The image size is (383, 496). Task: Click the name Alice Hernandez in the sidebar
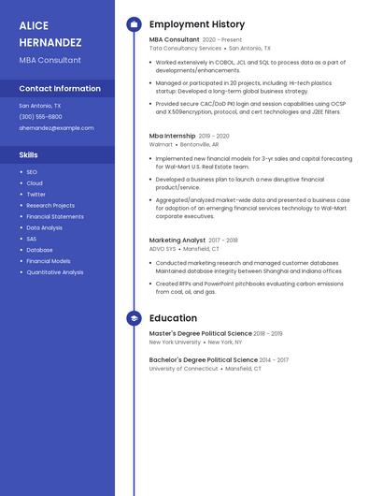(x=50, y=34)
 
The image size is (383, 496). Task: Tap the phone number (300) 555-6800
(x=40, y=117)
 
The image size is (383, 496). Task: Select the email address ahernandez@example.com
(x=56, y=128)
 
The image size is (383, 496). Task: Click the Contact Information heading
(x=60, y=89)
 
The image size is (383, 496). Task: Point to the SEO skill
(x=32, y=172)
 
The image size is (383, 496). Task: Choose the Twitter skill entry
(x=35, y=195)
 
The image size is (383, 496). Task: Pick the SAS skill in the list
(x=32, y=239)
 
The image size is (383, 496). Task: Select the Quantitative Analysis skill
(x=55, y=272)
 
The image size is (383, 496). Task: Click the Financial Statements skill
(x=55, y=216)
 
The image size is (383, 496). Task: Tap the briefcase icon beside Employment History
(x=134, y=24)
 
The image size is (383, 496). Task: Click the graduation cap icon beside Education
(x=134, y=318)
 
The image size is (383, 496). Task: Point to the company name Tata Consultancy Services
(x=185, y=48)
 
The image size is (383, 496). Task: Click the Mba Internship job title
(x=173, y=136)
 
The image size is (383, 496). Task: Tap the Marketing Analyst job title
(x=177, y=241)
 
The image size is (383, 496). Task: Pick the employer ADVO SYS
(x=163, y=249)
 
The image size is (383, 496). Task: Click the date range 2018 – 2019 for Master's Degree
(x=268, y=334)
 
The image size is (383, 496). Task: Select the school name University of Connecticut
(x=183, y=369)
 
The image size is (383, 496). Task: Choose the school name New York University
(x=175, y=343)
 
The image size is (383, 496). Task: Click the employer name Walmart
(x=161, y=145)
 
